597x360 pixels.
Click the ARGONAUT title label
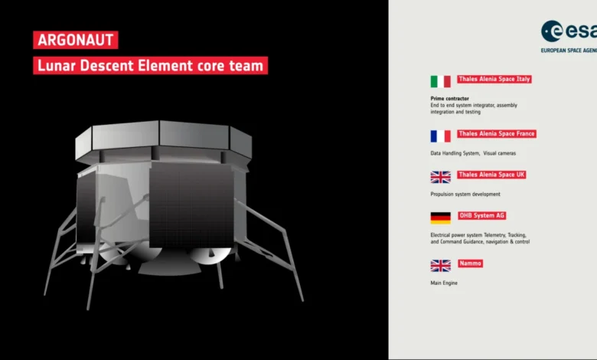point(75,40)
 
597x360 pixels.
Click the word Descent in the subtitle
point(106,66)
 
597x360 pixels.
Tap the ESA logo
point(569,36)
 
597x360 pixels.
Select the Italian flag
point(441,81)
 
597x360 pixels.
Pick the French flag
point(441,136)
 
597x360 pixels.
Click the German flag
point(441,218)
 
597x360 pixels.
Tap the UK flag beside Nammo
point(441,266)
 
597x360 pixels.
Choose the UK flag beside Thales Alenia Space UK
point(441,177)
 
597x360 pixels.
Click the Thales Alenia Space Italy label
point(494,79)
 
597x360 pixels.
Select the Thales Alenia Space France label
point(497,134)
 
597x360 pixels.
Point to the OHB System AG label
point(481,216)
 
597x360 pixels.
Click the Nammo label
point(470,263)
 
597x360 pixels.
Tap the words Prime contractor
point(449,98)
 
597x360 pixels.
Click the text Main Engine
point(444,283)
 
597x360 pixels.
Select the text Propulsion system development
point(465,195)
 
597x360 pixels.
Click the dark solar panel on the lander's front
point(191,206)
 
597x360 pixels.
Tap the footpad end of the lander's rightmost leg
point(302,299)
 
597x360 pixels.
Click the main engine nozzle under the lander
point(169,263)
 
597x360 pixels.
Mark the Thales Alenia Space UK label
point(491,175)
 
